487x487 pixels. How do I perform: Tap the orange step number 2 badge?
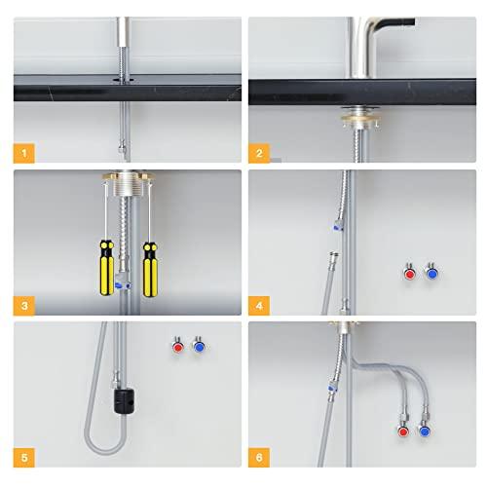point(259,152)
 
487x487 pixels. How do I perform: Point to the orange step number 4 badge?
point(259,307)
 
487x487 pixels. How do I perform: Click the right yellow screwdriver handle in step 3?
point(150,266)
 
